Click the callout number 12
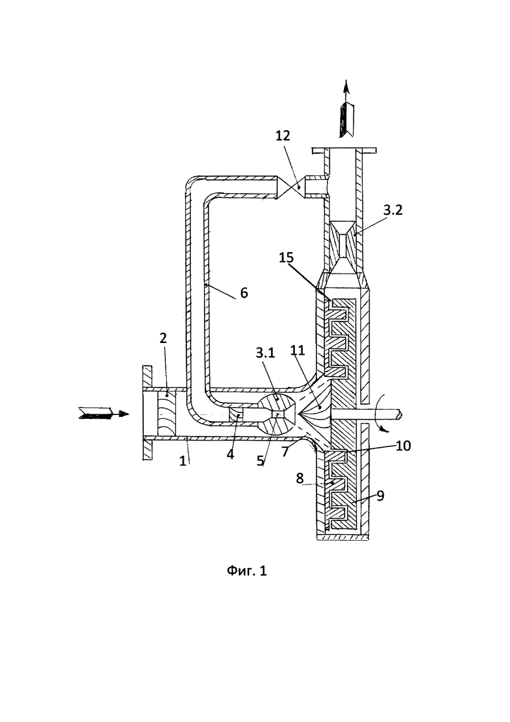[x=283, y=135]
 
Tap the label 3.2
[x=393, y=209]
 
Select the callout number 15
[x=286, y=257]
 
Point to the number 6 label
[x=244, y=293]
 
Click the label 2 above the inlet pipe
[x=163, y=338]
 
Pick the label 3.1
[x=265, y=353]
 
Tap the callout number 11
[x=297, y=350]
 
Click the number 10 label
[x=403, y=445]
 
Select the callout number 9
[x=381, y=496]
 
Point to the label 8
[x=300, y=478]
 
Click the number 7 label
[x=285, y=452]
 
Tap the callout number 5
[x=261, y=460]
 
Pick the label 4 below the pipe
[x=230, y=454]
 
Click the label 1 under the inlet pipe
[x=183, y=460]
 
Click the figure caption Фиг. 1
[x=247, y=571]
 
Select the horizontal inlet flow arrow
[x=104, y=413]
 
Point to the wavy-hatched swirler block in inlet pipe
[x=167, y=413]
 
